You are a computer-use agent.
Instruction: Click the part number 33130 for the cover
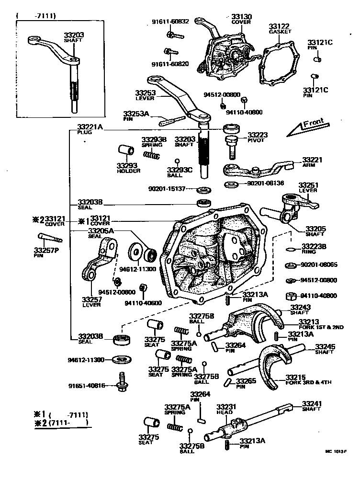click(x=241, y=16)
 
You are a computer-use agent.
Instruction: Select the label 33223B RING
click(x=314, y=249)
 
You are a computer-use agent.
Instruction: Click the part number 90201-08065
click(x=318, y=264)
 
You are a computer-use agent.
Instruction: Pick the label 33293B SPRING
click(x=153, y=142)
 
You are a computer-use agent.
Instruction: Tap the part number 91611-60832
click(x=170, y=21)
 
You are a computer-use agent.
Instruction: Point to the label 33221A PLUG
click(x=90, y=129)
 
